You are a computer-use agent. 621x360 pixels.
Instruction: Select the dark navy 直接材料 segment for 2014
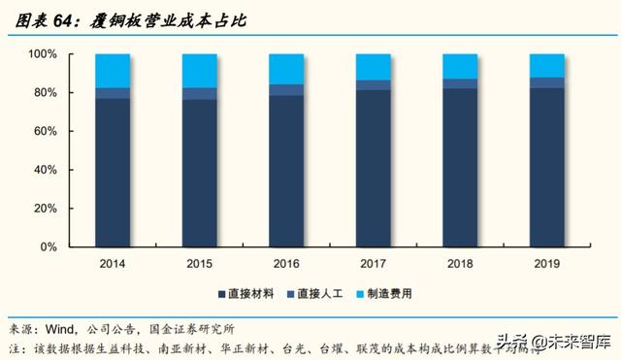(114, 173)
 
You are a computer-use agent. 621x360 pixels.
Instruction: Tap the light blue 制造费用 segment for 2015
(200, 70)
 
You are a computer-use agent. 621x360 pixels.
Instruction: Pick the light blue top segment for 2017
(374, 66)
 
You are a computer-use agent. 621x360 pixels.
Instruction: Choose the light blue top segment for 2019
(547, 65)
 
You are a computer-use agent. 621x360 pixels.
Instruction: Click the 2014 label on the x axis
(114, 263)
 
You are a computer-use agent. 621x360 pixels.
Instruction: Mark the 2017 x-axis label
(374, 263)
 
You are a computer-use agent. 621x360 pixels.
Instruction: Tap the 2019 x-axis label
(547, 263)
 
